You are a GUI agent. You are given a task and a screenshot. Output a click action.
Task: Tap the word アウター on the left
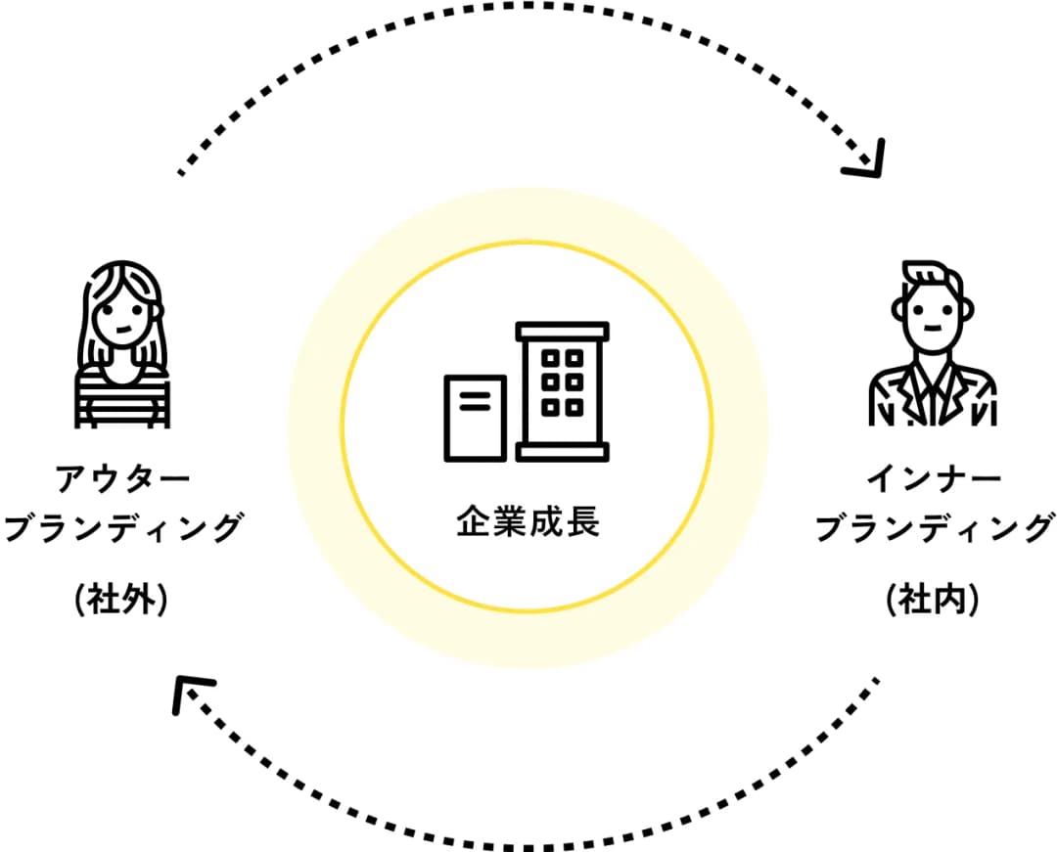click(123, 479)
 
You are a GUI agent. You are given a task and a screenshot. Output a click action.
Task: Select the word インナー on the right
click(934, 479)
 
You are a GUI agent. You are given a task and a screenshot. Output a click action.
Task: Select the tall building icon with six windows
click(562, 391)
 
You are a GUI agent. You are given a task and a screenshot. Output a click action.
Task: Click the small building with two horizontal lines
click(476, 419)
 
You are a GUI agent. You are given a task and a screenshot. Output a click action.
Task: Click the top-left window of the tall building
click(550, 358)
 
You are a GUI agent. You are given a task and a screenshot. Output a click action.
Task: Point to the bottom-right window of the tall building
click(574, 407)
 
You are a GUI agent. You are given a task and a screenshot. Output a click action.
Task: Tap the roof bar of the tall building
click(562, 331)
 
